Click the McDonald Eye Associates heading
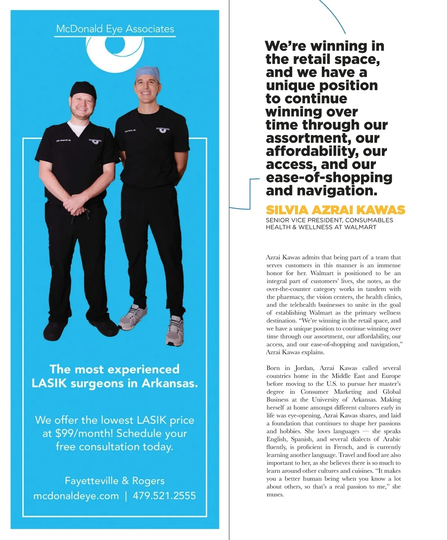click(115, 29)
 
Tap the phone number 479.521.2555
click(164, 496)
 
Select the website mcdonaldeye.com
click(76, 496)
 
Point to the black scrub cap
click(83, 89)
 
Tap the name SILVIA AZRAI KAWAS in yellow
click(335, 210)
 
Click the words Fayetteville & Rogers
click(114, 481)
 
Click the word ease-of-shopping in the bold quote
click(329, 177)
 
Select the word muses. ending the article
click(275, 495)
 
